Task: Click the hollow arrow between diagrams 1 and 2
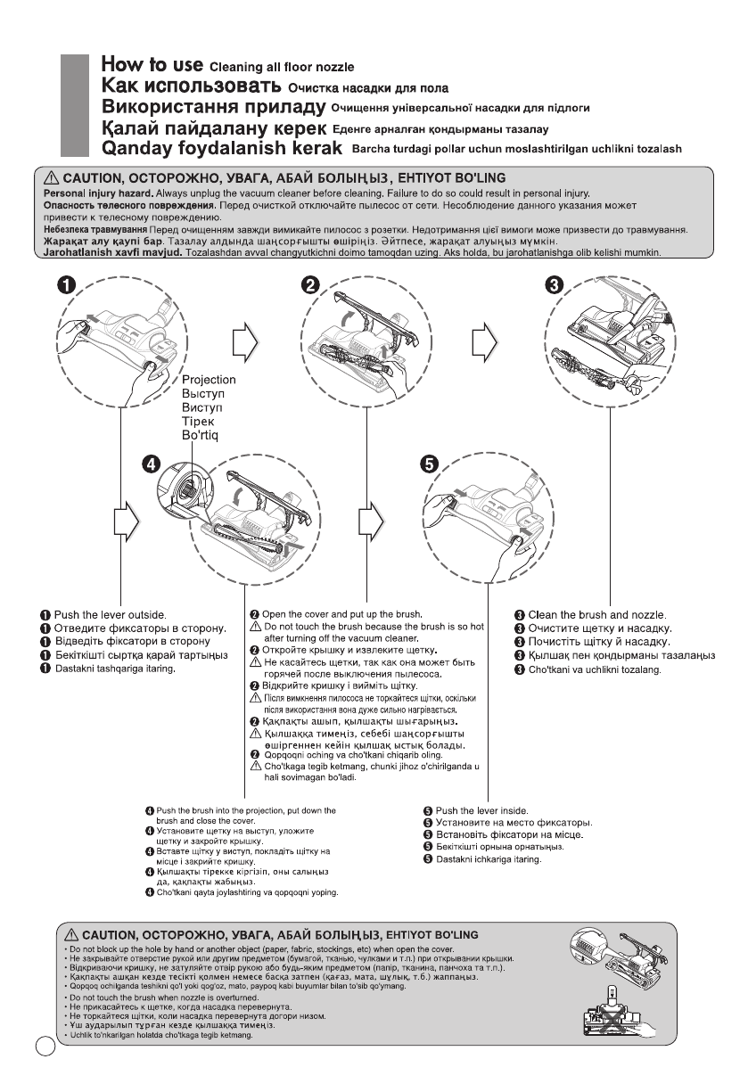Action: pyautogui.click(x=243, y=340)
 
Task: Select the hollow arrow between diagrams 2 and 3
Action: pyautogui.click(x=484, y=340)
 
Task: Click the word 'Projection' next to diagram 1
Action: pyautogui.click(x=208, y=380)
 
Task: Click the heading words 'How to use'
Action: pyautogui.click(x=152, y=64)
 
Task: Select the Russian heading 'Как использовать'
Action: pyautogui.click(x=191, y=86)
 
